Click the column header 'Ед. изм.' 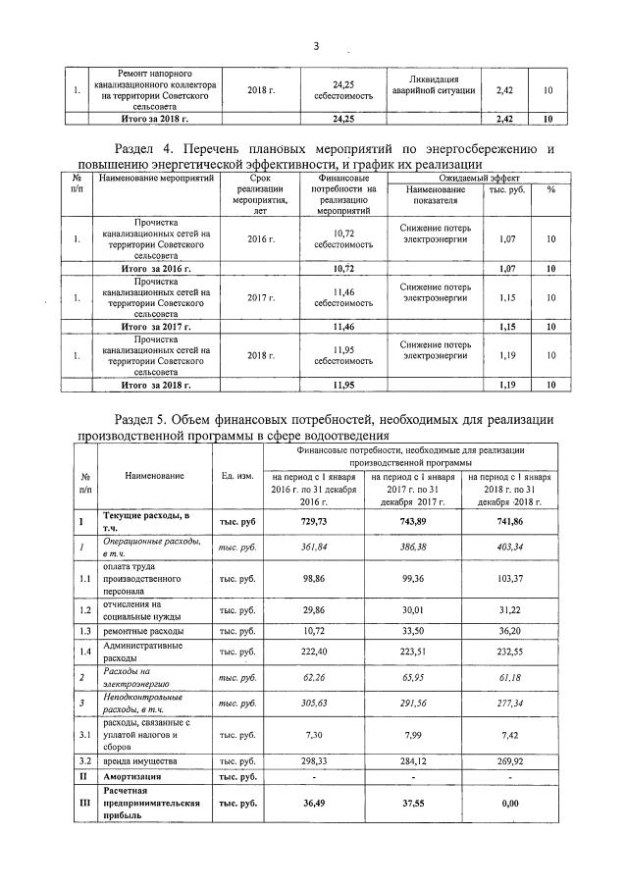(238, 476)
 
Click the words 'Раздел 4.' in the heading (125, 148)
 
